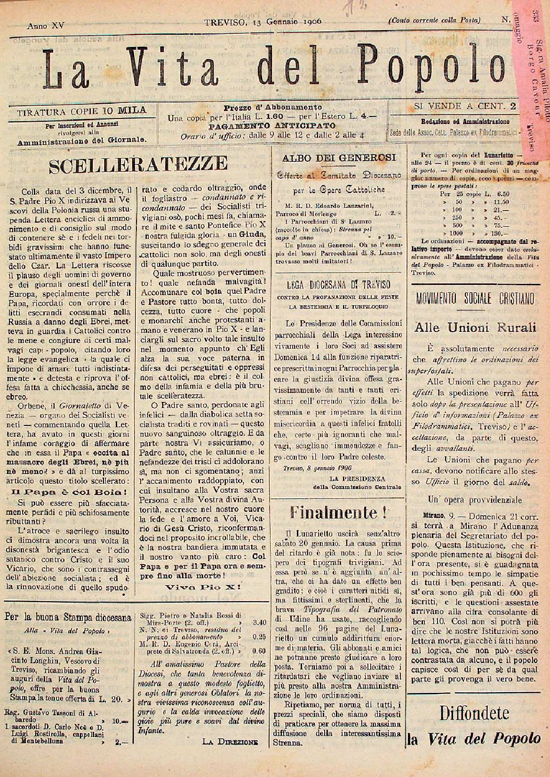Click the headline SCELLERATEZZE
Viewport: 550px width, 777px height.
pyautogui.click(x=138, y=164)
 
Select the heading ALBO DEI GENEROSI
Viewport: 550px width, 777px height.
pyautogui.click(x=338, y=158)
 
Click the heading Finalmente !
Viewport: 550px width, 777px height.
pyautogui.click(x=335, y=512)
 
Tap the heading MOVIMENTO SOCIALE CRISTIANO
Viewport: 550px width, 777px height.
pyautogui.click(x=475, y=298)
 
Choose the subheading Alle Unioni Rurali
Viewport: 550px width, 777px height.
pyautogui.click(x=475, y=328)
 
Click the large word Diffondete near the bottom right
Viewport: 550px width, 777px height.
pyautogui.click(x=475, y=713)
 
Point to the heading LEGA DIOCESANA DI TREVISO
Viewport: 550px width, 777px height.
pyautogui.click(x=337, y=284)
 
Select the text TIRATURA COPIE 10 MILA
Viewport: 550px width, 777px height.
pyautogui.click(x=81, y=111)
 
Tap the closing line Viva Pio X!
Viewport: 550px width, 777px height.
pyautogui.click(x=204, y=587)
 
